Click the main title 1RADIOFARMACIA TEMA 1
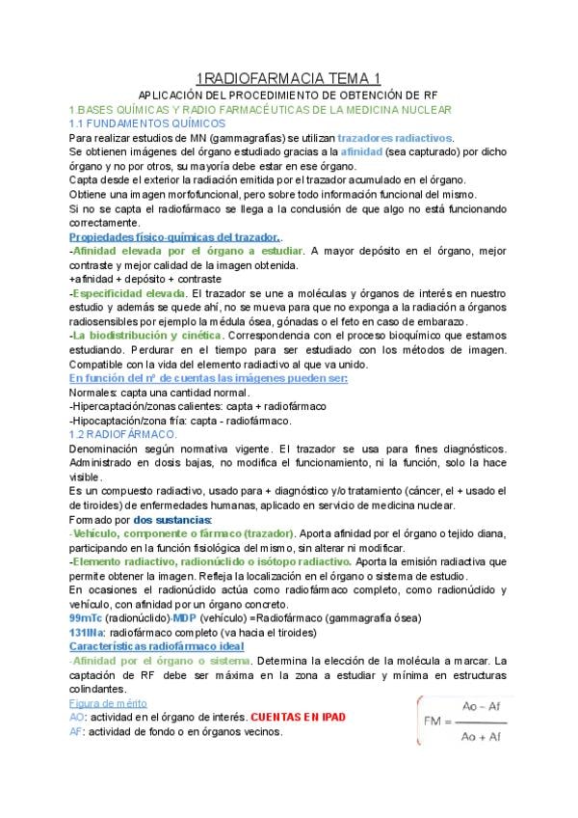coord(288,78)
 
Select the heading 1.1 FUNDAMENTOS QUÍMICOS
coord(147,123)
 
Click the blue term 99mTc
coord(87,617)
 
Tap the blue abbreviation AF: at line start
coord(77,731)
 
